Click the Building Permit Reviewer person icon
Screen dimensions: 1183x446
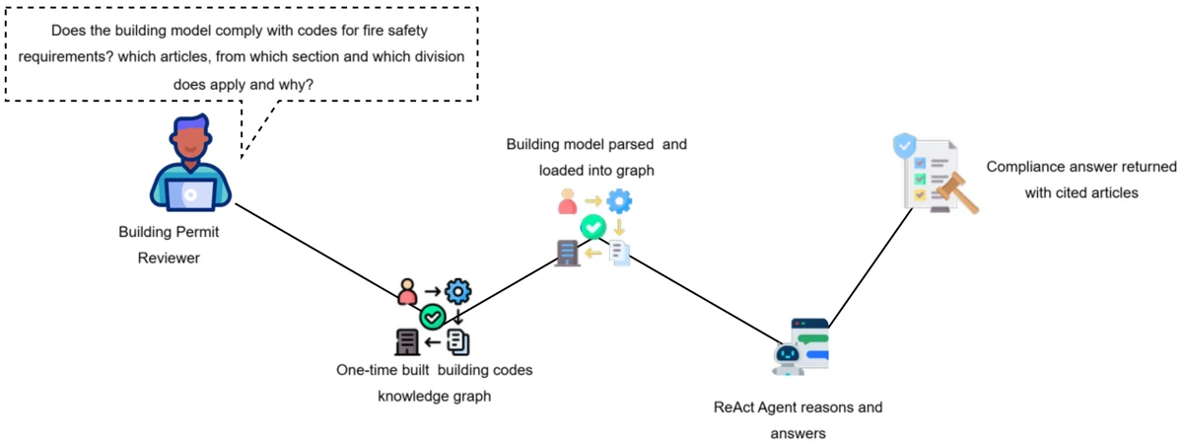click(x=190, y=163)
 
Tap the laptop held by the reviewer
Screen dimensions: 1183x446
click(x=190, y=194)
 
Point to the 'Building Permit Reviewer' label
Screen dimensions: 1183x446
click(x=169, y=245)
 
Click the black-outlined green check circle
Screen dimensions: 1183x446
click(x=433, y=317)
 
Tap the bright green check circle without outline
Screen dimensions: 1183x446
click(x=593, y=227)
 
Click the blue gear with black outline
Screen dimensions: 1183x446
click(x=457, y=291)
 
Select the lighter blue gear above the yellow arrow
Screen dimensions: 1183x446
click(x=619, y=201)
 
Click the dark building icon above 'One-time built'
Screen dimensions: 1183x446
click(x=406, y=341)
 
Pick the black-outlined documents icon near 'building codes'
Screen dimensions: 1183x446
click(x=457, y=341)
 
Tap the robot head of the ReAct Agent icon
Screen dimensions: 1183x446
click(x=788, y=354)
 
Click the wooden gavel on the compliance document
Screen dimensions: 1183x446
click(x=956, y=192)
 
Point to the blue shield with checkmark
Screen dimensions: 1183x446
click(x=904, y=145)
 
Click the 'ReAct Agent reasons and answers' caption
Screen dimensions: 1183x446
click(x=798, y=420)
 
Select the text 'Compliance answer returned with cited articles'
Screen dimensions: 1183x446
click(x=1081, y=180)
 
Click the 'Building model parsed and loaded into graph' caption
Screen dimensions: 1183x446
click(x=596, y=157)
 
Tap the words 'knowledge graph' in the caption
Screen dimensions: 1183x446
click(x=434, y=396)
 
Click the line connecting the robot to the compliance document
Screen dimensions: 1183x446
click(x=870, y=266)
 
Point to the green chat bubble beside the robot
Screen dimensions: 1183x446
click(x=812, y=338)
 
